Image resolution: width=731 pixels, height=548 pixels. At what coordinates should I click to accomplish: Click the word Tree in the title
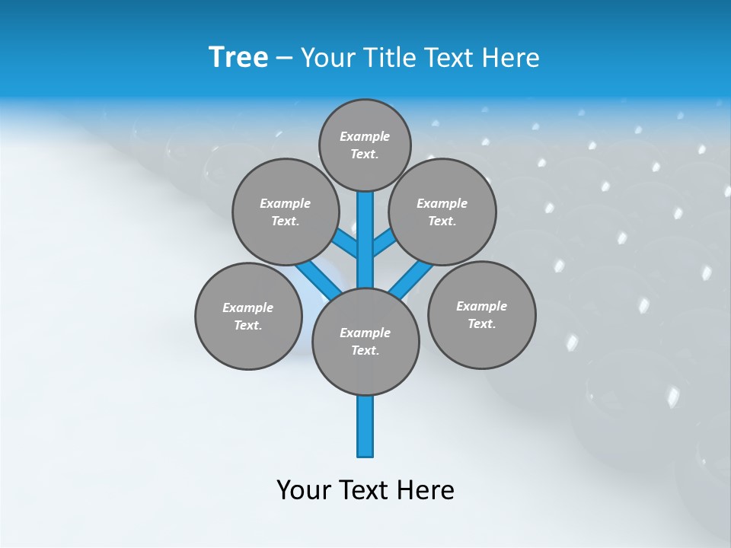tap(238, 57)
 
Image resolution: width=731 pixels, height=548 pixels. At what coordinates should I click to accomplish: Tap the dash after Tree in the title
tap(284, 58)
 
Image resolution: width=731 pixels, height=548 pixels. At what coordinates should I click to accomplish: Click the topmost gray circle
tap(365, 145)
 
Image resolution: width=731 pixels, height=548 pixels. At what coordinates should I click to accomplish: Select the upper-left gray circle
tap(285, 212)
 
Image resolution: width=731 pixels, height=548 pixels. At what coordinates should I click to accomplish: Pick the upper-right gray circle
tap(442, 212)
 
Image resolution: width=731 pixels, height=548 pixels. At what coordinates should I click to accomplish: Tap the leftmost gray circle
tap(248, 316)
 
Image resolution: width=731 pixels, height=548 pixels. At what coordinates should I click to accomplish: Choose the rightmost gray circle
tap(481, 314)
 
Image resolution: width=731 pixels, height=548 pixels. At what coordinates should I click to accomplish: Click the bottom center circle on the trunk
tap(365, 342)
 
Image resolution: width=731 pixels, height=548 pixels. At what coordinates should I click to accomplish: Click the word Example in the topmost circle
tap(365, 136)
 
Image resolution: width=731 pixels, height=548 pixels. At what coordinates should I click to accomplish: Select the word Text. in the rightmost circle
tap(481, 323)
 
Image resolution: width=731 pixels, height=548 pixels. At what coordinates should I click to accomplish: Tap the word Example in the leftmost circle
tap(247, 307)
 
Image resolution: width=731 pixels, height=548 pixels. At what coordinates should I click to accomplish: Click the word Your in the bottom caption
tap(303, 490)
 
